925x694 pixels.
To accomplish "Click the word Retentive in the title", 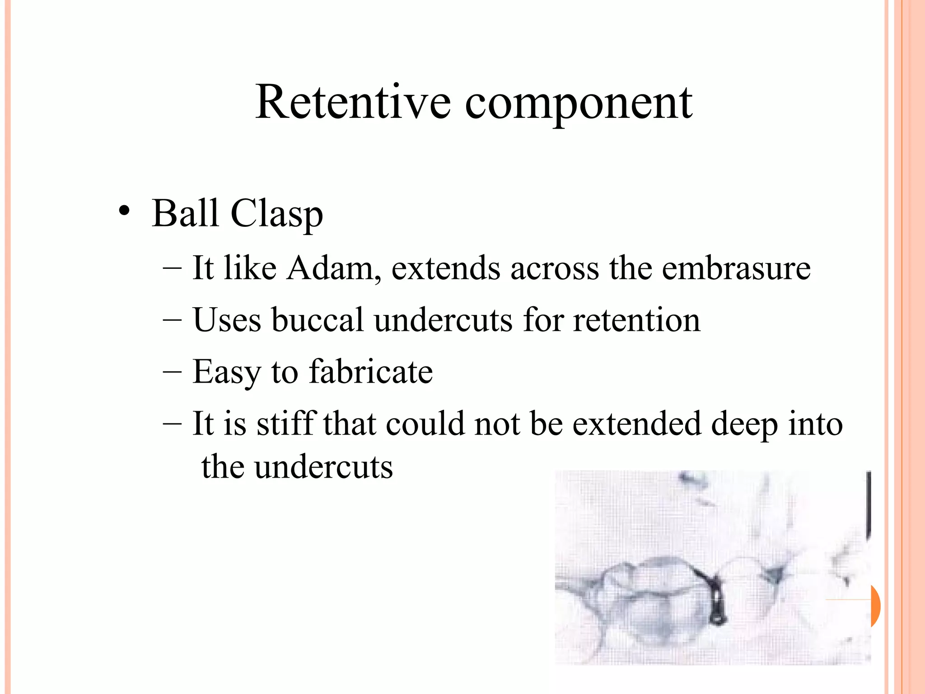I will [x=353, y=103].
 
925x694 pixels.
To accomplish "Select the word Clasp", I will [x=277, y=214].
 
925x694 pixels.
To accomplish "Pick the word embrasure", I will [x=736, y=268].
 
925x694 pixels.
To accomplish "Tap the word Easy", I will [x=226, y=372].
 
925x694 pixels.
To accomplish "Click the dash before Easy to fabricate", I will [x=172, y=371].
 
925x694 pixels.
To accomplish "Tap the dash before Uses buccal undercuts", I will [x=172, y=320].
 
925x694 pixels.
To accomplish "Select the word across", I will [x=554, y=268].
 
